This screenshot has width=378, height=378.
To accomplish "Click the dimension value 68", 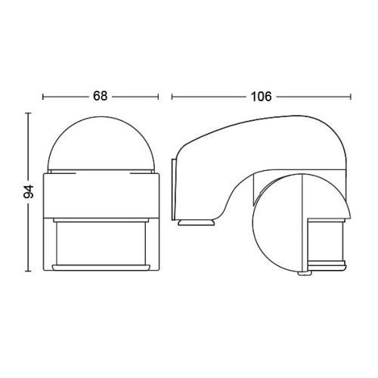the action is coord(101,96).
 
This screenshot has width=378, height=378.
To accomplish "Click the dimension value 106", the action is coord(262,97).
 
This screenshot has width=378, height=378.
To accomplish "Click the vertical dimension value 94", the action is coord(29,191).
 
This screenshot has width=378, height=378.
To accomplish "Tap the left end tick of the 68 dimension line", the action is coord(43,97).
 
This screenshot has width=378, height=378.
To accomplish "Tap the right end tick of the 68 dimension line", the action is coord(158,97).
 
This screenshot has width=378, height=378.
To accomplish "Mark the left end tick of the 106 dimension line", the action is coord(172,97).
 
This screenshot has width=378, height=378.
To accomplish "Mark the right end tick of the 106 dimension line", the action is coord(351,97).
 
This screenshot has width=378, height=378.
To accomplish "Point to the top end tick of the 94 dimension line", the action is coord(28,113).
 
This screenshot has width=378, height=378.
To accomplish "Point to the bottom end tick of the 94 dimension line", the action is coord(28,271).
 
